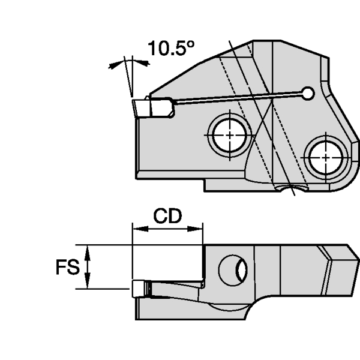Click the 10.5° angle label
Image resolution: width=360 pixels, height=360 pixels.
tap(172, 48)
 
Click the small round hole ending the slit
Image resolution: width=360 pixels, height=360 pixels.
tap(308, 93)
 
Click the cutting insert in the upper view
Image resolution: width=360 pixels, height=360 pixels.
tap(153, 109)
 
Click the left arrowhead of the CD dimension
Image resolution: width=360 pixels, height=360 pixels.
tap(136, 228)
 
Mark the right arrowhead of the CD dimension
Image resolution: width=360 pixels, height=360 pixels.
tap(199, 228)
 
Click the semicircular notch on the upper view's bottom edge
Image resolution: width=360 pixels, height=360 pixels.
tap(292, 190)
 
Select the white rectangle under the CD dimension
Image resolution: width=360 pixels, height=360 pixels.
tap(167, 262)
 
